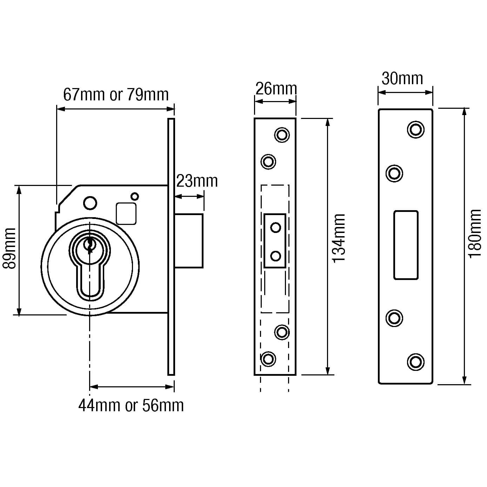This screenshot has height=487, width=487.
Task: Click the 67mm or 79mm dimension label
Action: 116,95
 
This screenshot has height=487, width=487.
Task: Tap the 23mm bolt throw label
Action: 196,181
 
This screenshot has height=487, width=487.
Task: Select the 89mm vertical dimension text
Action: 9,248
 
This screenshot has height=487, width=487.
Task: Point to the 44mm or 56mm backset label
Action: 131,406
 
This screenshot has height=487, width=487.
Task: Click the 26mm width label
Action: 276,89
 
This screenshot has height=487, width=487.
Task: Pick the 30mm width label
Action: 402,79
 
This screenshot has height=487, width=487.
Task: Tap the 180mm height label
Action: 475,233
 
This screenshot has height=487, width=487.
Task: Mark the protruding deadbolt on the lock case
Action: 189,241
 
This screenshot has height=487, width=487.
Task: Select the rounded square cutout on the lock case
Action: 126,214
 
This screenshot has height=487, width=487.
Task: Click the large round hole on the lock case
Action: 90,203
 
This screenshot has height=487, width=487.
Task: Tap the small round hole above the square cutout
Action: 134,196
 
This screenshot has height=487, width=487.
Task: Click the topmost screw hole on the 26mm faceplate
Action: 282,135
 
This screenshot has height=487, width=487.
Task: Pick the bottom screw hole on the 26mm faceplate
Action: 268,359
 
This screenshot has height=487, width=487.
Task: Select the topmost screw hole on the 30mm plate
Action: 415,129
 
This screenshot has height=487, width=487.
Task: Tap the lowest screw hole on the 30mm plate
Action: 415,362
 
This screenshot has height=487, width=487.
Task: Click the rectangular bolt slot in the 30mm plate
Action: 406,245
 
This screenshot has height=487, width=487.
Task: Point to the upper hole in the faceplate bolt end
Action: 276,228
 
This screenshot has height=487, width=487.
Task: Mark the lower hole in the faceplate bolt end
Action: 276,256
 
